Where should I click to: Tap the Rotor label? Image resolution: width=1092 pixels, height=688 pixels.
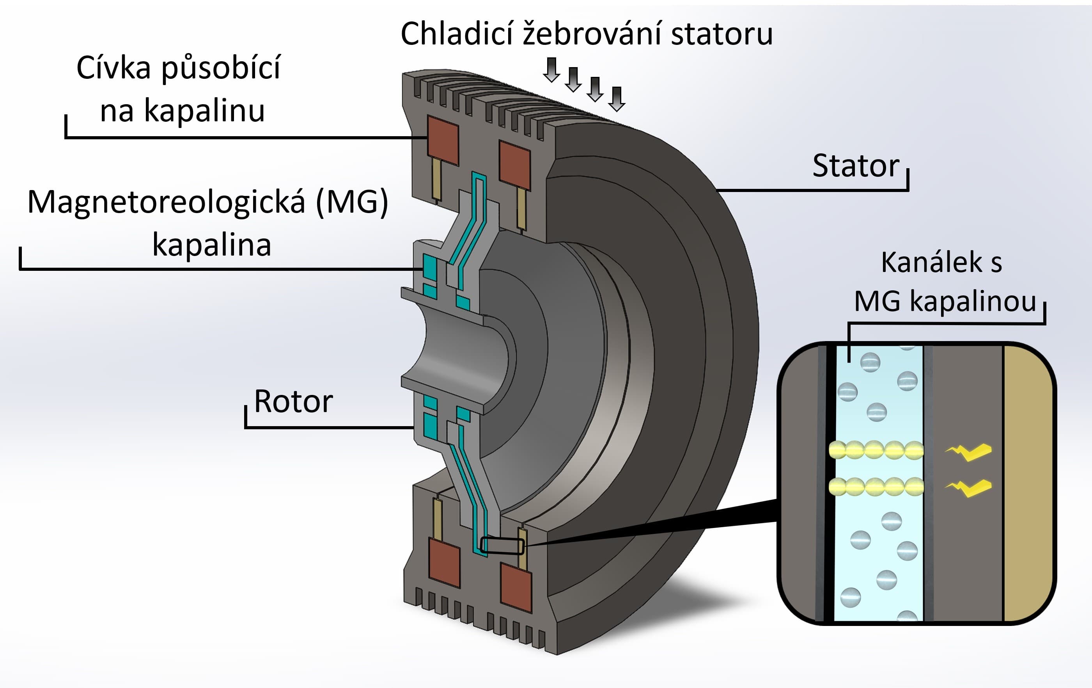pyautogui.click(x=293, y=402)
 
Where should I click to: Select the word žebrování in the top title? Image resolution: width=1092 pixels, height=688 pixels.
pyautogui.click(x=593, y=34)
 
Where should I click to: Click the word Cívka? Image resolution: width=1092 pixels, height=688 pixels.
pyautogui.click(x=113, y=68)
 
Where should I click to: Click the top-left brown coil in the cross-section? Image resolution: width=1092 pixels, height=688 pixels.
pyautogui.click(x=443, y=140)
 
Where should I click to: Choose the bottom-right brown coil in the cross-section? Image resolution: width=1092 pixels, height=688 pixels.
pyautogui.click(x=516, y=587)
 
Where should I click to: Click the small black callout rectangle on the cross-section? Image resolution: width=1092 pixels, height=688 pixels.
pyautogui.click(x=502, y=546)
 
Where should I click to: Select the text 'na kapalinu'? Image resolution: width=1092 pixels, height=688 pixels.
pyautogui.click(x=182, y=110)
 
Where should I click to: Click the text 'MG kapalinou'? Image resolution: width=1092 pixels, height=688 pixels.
pyautogui.click(x=945, y=301)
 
